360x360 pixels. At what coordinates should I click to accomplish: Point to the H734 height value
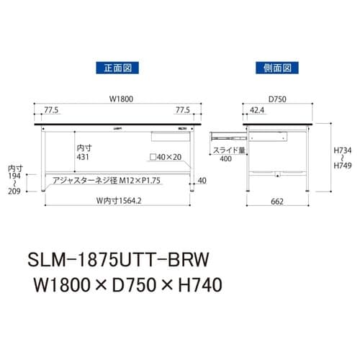coord(343,152)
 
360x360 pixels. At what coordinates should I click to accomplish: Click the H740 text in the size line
coord(194,284)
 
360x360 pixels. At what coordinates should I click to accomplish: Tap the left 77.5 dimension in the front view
coord(51,111)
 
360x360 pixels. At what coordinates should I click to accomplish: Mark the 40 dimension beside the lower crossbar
coord(202,180)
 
